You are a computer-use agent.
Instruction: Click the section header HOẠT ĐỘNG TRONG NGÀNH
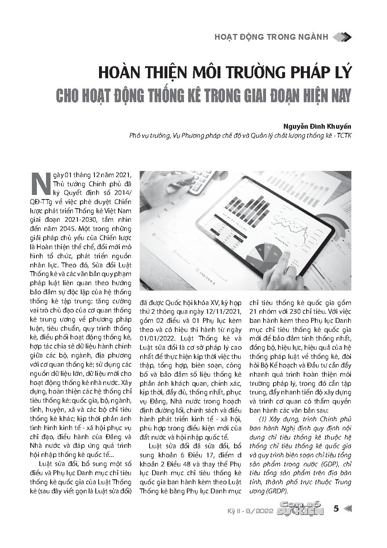coord(271,37)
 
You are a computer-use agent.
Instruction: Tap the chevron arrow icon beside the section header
coord(342,37)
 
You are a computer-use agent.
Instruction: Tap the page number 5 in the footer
coord(336,509)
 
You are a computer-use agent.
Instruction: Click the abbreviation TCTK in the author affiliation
coord(343,136)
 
